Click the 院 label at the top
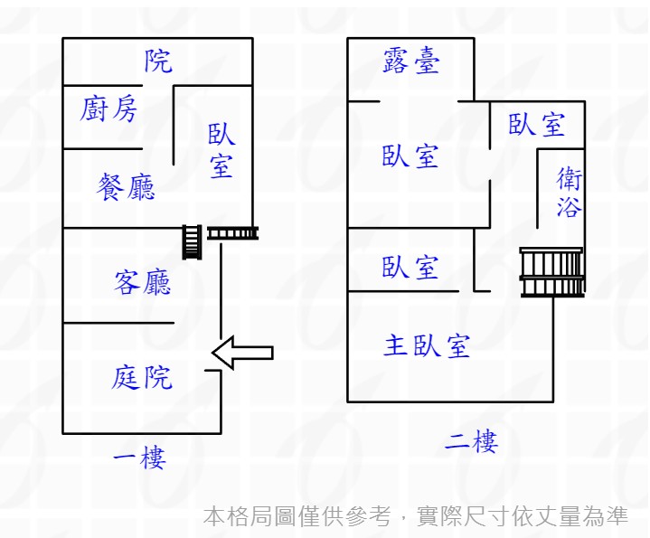tap(158, 61)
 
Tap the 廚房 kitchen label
tap(109, 109)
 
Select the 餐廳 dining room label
tap(126, 187)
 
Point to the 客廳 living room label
tap(143, 283)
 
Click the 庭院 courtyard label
tap(142, 376)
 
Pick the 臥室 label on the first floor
tap(221, 151)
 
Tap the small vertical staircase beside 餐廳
tap(192, 241)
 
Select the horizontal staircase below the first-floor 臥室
tap(233, 233)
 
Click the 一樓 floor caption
tap(139, 458)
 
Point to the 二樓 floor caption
tap(471, 442)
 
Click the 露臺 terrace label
tap(411, 61)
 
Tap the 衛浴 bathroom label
tap(569, 193)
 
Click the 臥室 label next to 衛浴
tap(537, 124)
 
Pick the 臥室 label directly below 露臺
tap(410, 156)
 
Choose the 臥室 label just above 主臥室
tap(410, 268)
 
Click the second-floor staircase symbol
tap(551, 272)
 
